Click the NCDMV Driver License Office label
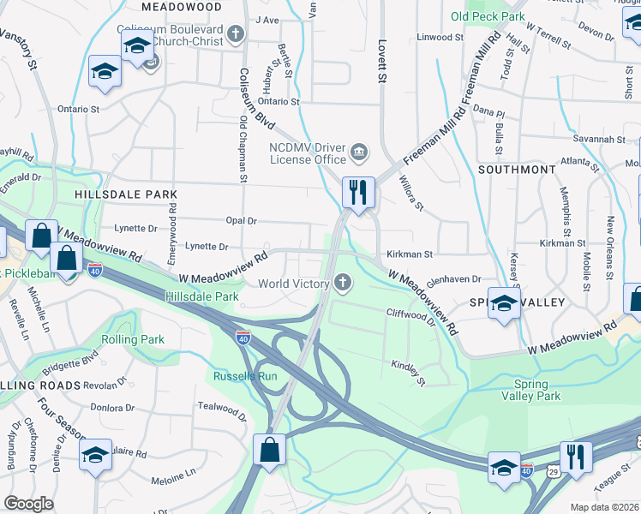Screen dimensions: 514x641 pos(308,152)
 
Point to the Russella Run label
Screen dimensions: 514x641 pos(245,375)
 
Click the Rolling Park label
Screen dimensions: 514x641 pos(133,340)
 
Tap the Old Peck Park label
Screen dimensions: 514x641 pos(488,16)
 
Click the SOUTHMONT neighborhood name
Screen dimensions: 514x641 pos(516,170)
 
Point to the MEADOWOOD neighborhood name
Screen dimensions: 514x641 pos(176,5)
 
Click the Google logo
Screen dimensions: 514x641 pos(28,504)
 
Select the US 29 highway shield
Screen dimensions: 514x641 pos(554,471)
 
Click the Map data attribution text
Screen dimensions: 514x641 pos(605,507)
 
